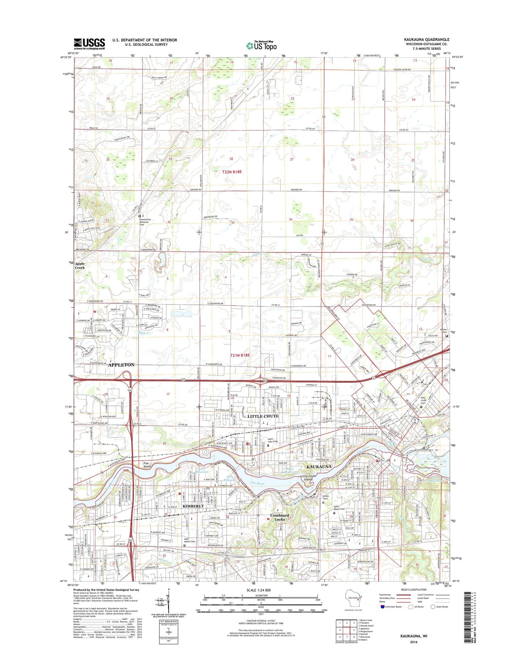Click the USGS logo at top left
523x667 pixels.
tap(89, 44)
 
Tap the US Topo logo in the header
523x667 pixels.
tap(261, 46)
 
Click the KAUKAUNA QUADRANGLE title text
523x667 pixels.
tap(427, 39)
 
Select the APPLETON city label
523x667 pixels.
tap(121, 365)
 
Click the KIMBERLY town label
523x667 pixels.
tap(193, 506)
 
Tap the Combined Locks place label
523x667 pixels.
tap(279, 517)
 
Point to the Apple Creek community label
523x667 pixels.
tap(80, 265)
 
